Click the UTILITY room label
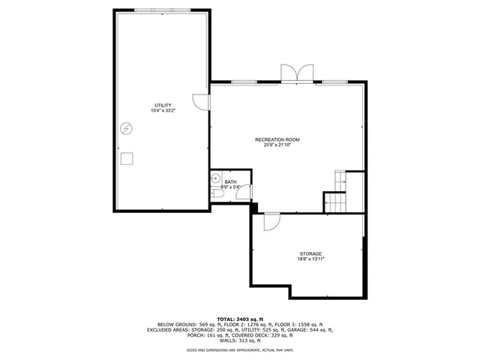pyautogui.click(x=163, y=104)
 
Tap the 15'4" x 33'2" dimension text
pyautogui.click(x=163, y=111)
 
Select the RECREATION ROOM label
pyautogui.click(x=277, y=139)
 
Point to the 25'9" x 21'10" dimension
pyautogui.click(x=277, y=145)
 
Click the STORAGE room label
pyautogui.click(x=310, y=254)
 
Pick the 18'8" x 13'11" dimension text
pyautogui.click(x=310, y=260)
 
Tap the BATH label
pyautogui.click(x=229, y=181)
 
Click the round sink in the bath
pyautogui.click(x=216, y=179)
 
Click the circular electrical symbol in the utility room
pyautogui.click(x=127, y=128)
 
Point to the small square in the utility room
pyautogui.click(x=127, y=157)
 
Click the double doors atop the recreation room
pyautogui.click(x=295, y=73)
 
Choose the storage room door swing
pyautogui.click(x=271, y=220)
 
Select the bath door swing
pyautogui.click(x=242, y=191)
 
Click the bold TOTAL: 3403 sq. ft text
pyautogui.click(x=240, y=318)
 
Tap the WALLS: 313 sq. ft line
pyautogui.click(x=240, y=340)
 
